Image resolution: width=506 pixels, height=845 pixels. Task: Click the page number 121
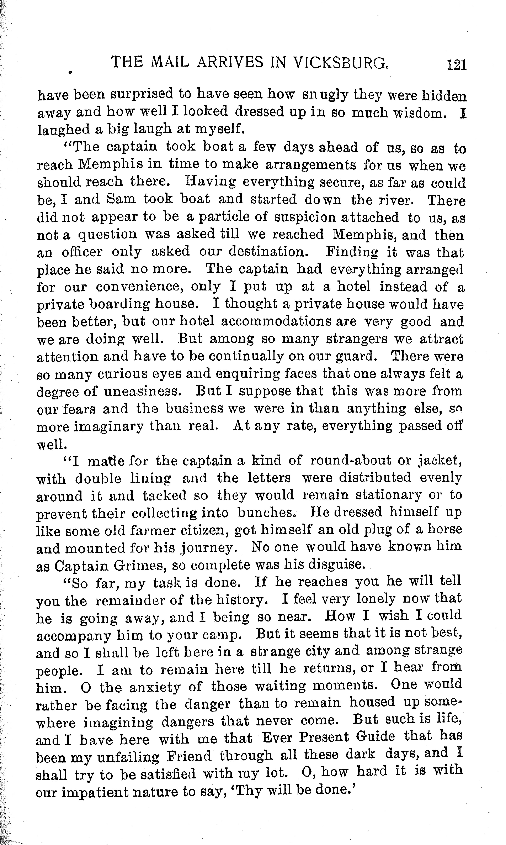(456, 64)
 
